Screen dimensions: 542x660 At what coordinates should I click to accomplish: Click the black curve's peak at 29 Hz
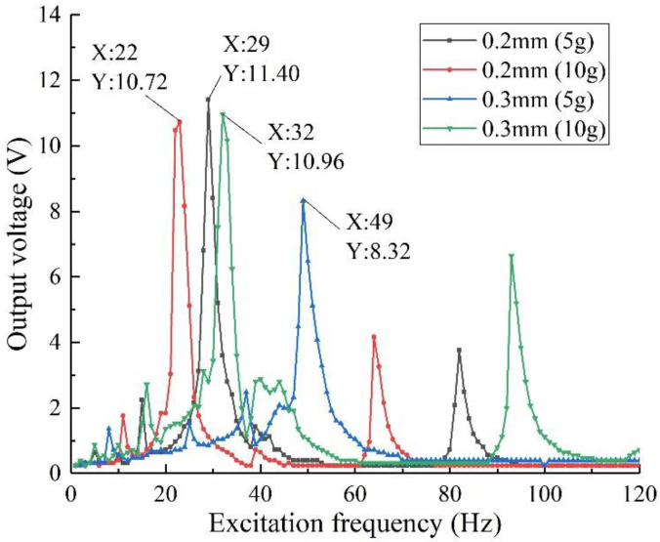[208, 100]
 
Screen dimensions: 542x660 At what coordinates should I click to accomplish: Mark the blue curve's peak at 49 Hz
[303, 200]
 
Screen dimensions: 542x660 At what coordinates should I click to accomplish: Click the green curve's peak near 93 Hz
[512, 256]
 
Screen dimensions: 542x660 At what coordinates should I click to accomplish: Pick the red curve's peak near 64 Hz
[374, 337]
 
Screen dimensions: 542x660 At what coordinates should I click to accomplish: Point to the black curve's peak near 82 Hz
[459, 350]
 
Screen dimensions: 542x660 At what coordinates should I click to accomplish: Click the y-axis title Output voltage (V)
[20, 244]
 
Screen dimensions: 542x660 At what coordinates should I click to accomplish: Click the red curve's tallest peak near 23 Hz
[180, 121]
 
